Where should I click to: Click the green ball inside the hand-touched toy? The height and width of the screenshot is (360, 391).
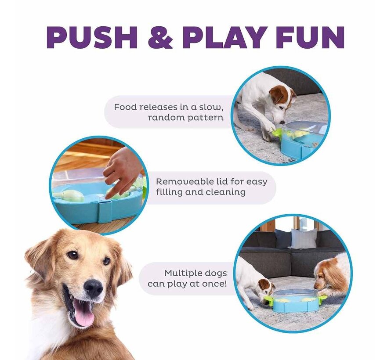(x=70, y=196)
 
